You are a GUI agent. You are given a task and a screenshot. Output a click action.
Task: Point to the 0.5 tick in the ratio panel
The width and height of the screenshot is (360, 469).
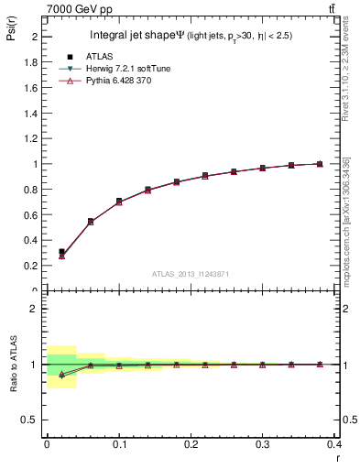[31, 420]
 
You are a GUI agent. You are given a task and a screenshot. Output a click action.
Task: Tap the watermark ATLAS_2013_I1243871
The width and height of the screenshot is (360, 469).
[190, 274]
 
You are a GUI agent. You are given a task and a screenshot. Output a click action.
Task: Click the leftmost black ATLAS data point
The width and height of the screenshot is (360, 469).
[61, 251]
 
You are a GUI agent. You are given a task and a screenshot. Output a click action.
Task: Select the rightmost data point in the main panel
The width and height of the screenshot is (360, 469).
[319, 164]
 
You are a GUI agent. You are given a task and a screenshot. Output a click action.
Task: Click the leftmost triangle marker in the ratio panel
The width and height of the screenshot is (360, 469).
[61, 375]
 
